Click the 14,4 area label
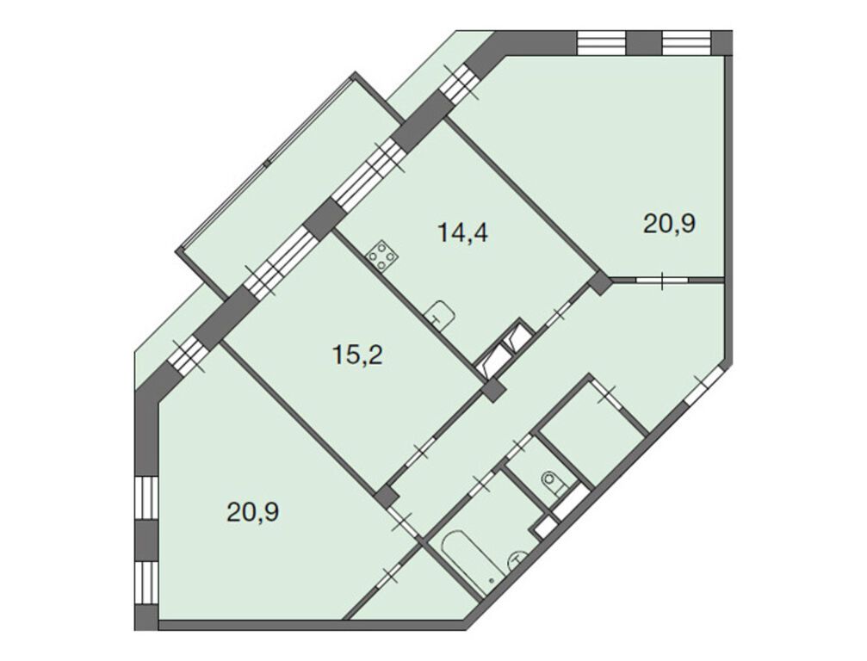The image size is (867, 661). coord(463,232)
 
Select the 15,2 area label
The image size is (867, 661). coord(357,354)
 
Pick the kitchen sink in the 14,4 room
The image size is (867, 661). coord(441,313)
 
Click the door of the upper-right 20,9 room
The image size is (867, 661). coord(662,281)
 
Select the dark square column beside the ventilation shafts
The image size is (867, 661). coord(492,392)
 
